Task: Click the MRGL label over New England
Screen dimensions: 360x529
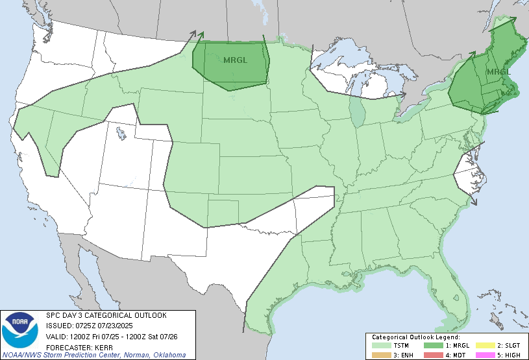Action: [498, 71]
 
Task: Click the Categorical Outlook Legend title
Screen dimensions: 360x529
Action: [415, 337]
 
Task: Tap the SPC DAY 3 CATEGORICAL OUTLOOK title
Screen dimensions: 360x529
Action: [106, 315]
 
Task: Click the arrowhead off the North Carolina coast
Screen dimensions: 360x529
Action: [474, 202]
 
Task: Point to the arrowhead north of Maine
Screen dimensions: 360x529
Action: [506, 18]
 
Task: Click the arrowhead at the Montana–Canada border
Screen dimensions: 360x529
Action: [201, 34]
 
